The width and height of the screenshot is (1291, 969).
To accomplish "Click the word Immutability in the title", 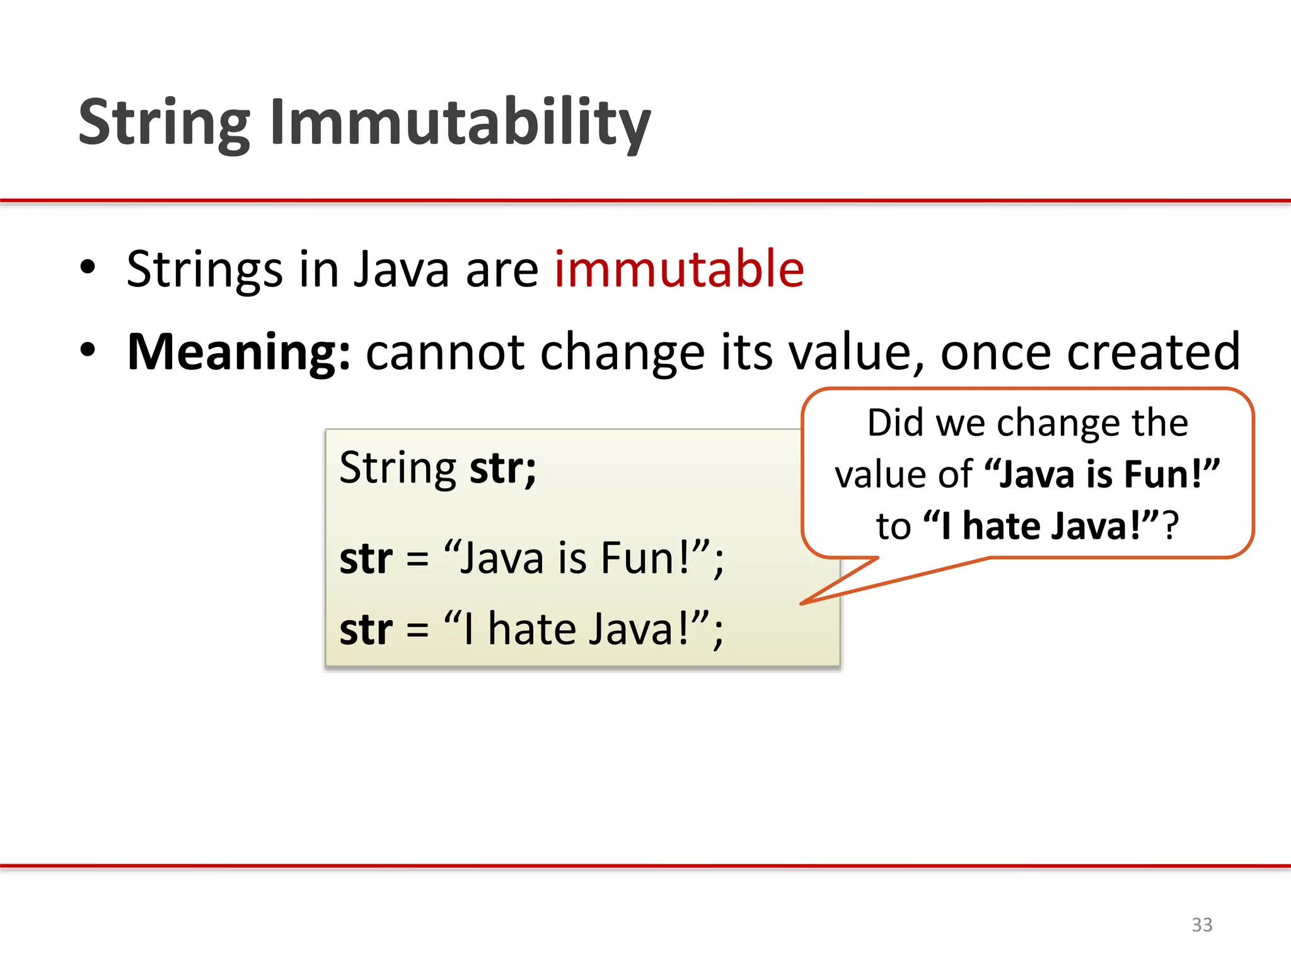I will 460,123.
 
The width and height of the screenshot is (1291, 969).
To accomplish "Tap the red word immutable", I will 679,269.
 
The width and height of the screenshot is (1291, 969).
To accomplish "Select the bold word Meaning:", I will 238,352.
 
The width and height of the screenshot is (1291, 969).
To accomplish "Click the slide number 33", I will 1201,924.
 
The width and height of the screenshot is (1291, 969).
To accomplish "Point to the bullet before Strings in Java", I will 88,267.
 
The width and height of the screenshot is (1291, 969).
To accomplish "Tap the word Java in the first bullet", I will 401,269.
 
